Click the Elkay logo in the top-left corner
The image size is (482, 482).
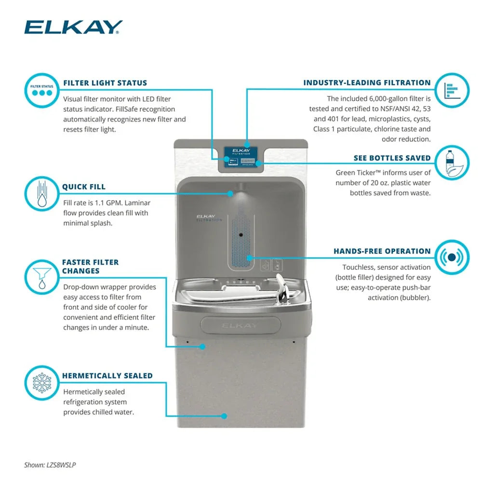tap(73, 27)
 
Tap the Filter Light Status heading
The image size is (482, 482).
tap(105, 83)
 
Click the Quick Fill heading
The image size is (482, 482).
tap(84, 187)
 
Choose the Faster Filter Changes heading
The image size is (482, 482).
tap(90, 267)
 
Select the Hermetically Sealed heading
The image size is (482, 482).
tap(107, 376)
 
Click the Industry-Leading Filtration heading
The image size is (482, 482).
tap(367, 83)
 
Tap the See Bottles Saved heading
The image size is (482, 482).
tap(392, 158)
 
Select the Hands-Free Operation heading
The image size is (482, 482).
tap(382, 251)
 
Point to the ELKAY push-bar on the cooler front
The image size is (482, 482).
tap(240, 325)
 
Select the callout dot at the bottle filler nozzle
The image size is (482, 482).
tap(230, 193)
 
